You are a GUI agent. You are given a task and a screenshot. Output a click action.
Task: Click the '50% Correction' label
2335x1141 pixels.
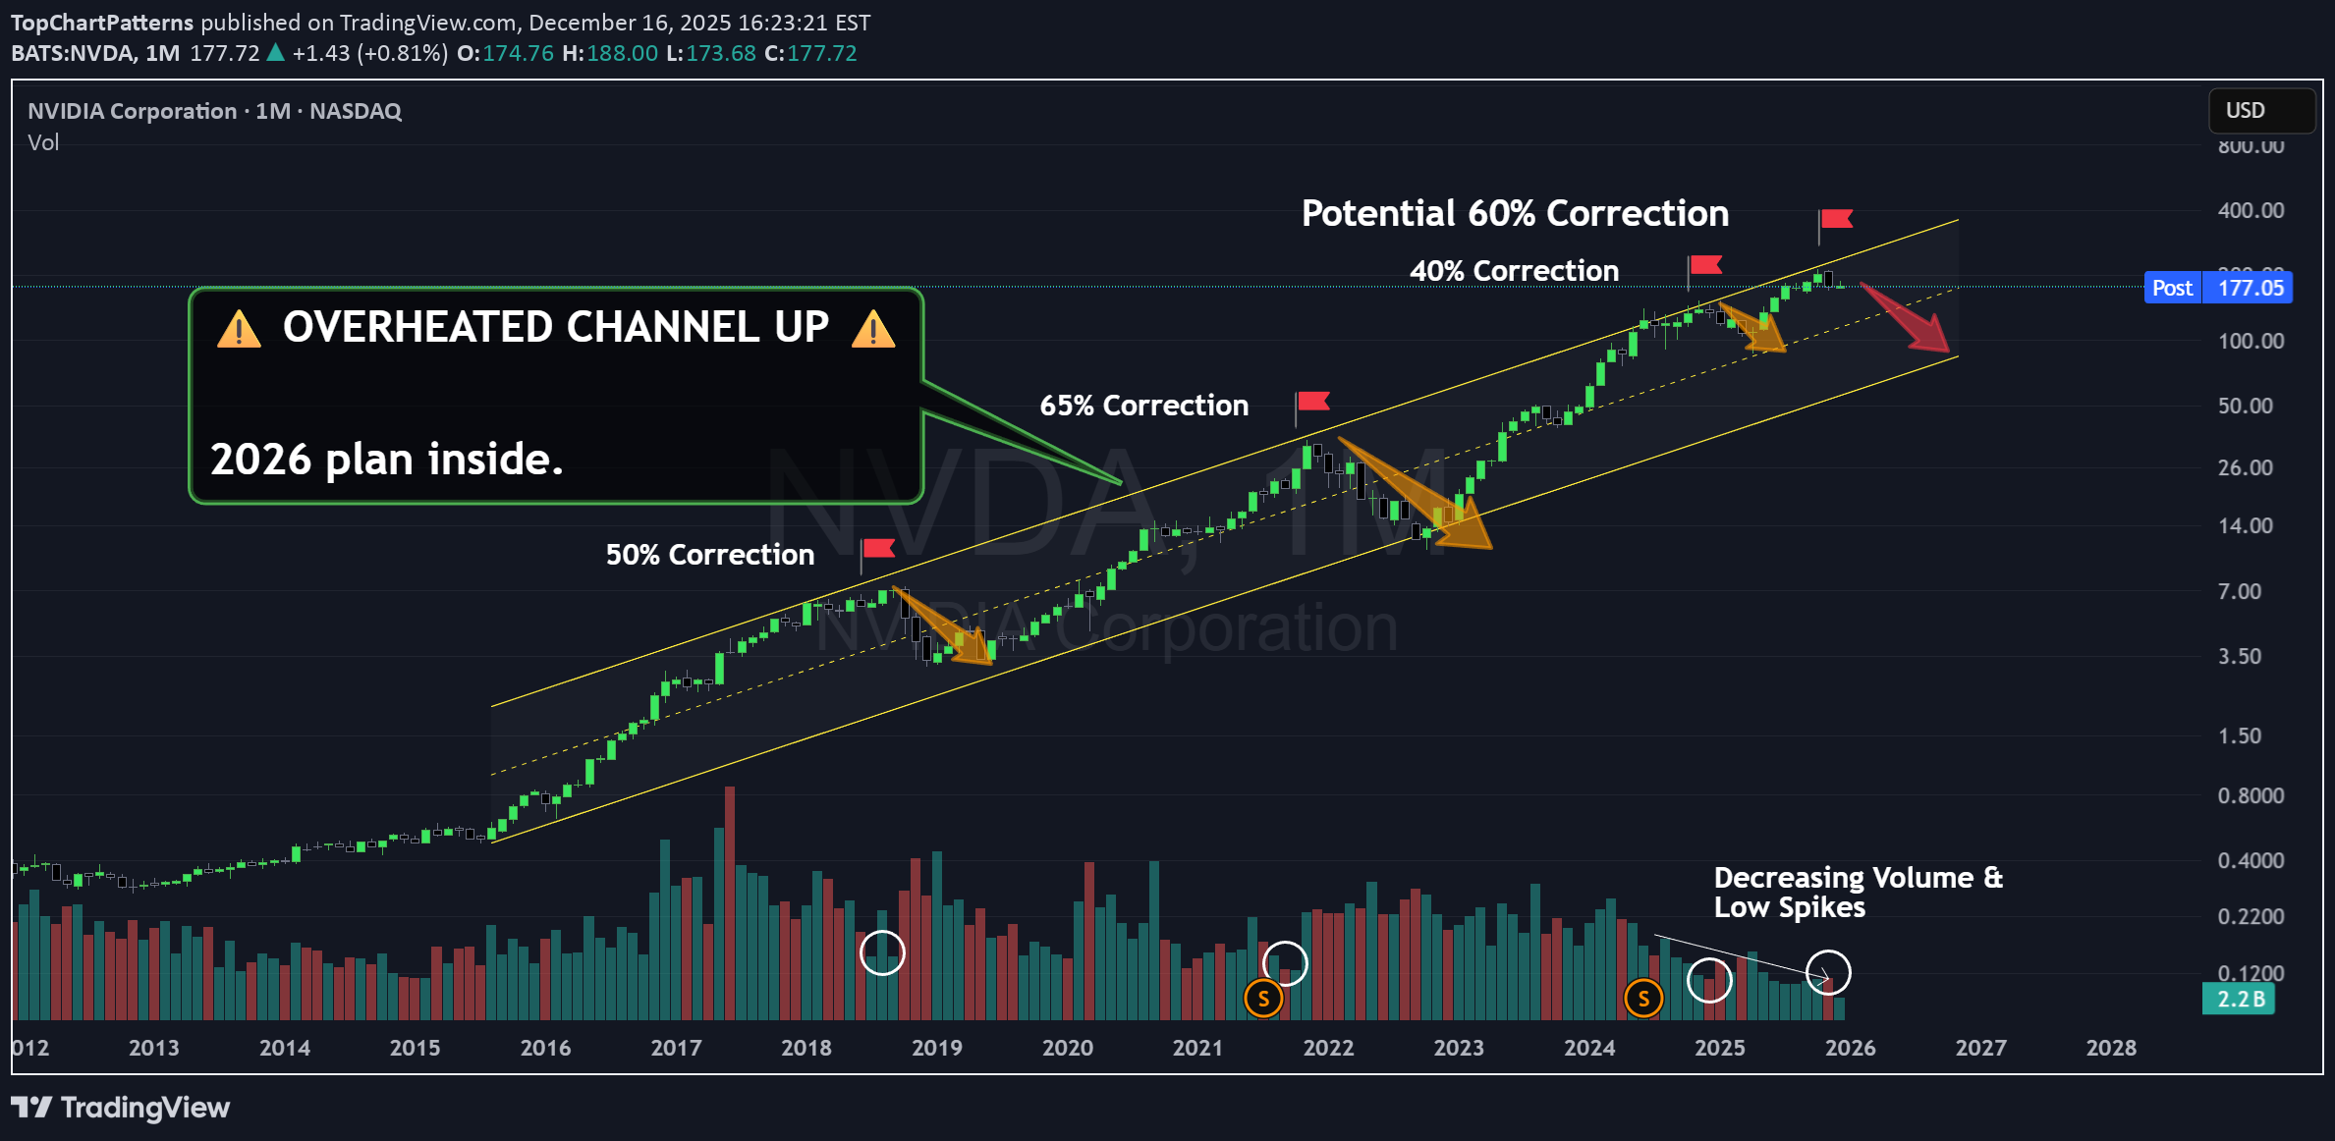tap(709, 555)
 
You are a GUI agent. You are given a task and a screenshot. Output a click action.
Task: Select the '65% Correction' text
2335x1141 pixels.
tap(1143, 406)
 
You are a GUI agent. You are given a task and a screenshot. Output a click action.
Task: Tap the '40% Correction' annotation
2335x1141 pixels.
tap(1514, 271)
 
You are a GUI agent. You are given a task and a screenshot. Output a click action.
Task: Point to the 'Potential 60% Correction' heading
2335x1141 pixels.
tap(1515, 214)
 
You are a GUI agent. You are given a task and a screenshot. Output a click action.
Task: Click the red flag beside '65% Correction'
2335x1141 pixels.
tap(1312, 402)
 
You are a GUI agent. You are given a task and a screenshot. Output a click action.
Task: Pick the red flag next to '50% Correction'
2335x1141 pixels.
tap(877, 548)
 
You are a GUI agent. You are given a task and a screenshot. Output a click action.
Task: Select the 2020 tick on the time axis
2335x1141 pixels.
tap(1067, 1048)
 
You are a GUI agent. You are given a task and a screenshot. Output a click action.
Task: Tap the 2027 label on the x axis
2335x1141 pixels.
tap(1980, 1048)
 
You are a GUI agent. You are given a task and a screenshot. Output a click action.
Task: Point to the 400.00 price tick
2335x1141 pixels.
tap(2251, 210)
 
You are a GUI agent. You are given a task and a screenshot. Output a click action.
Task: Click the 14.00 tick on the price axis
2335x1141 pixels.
tap(2245, 525)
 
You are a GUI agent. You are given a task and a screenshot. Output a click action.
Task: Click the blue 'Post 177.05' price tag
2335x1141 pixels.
tap(2218, 288)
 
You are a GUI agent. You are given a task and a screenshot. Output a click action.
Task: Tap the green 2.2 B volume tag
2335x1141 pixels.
tap(2239, 1000)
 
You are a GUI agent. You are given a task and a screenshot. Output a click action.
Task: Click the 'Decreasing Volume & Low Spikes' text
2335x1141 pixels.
tap(1857, 892)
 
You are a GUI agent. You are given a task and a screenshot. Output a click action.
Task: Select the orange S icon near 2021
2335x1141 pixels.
tap(1263, 1000)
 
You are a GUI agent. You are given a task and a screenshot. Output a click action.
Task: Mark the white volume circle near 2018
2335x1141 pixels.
tap(882, 952)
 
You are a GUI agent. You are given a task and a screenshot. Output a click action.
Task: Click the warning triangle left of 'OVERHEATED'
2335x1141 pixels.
tap(239, 329)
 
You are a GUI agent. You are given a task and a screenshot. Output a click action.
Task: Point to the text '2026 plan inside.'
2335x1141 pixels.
tap(387, 460)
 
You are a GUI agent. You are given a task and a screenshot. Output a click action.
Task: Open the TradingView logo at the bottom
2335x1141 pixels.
tap(121, 1108)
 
